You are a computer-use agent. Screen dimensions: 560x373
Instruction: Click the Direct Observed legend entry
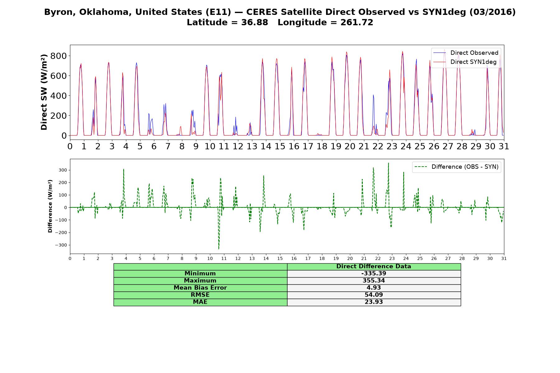[466, 53]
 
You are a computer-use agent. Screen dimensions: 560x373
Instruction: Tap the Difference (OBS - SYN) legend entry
[456, 167]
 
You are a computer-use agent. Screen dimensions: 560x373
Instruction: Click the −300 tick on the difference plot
[61, 245]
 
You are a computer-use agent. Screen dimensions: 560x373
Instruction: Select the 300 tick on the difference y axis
[63, 170]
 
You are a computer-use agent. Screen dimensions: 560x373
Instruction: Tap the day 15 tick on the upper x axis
[280, 146]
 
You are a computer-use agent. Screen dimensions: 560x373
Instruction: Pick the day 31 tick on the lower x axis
[504, 259]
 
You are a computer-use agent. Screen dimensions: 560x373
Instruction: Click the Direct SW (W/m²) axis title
[44, 92]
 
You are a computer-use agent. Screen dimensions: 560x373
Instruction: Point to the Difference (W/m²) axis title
[50, 206]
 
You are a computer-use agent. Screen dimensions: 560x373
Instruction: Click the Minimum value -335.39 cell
[374, 274]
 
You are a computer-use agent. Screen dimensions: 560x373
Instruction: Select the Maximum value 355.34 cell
[374, 281]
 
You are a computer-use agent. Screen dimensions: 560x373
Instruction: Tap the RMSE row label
[200, 295]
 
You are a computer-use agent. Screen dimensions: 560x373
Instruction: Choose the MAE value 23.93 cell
[374, 302]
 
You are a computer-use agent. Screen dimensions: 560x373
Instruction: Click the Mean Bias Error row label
[200, 288]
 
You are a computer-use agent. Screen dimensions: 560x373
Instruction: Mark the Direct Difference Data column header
[374, 266]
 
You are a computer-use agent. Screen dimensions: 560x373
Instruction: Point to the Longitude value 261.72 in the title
[357, 22]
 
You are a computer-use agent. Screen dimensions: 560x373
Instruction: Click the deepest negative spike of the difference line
[219, 249]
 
